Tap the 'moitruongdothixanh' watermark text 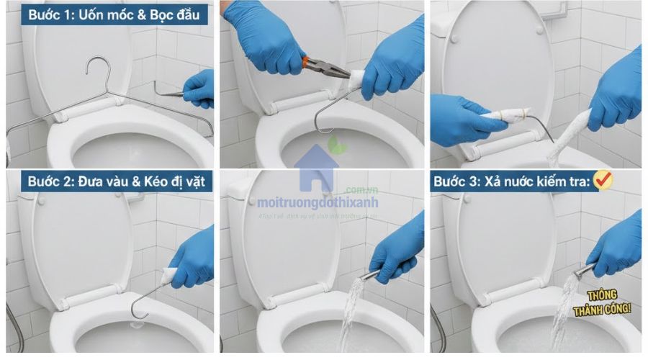(318, 204)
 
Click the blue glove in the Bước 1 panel (199, 89)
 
